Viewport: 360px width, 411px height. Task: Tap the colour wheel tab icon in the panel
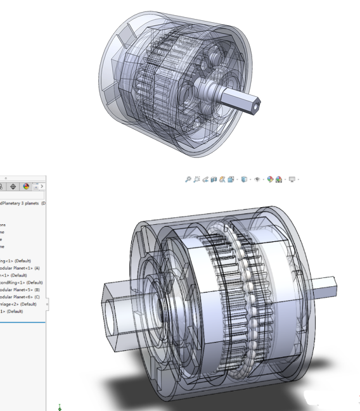pos(27,187)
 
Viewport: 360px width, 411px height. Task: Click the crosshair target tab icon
pos(12,187)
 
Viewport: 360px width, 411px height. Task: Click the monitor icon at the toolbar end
pos(292,180)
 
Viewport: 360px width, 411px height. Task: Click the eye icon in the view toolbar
pos(259,180)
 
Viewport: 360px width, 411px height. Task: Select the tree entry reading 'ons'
pos(3,224)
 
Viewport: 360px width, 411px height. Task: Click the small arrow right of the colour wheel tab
pos(42,187)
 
